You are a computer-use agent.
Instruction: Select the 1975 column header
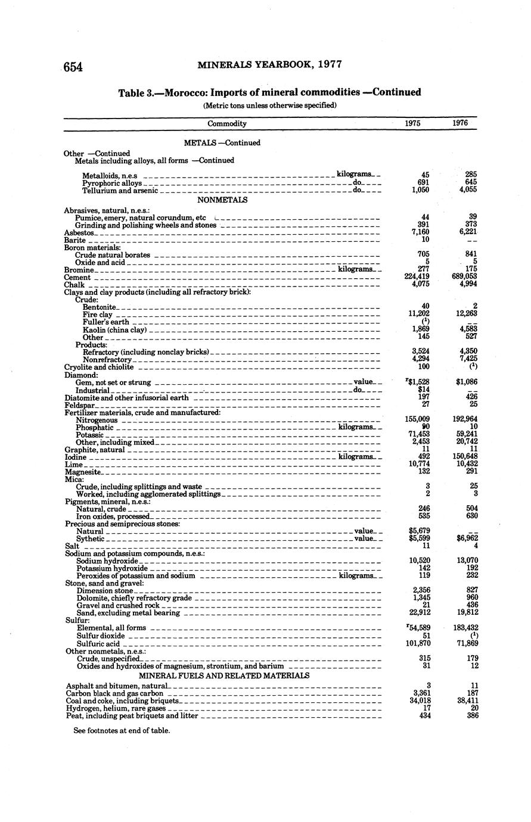pos(412,123)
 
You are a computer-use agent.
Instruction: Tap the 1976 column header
pos(459,123)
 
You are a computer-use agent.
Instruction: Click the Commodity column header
pos(227,124)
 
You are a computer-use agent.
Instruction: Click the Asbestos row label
pos(79,232)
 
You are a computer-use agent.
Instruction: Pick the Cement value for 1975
pos(417,277)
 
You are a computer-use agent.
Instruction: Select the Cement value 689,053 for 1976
pos(464,277)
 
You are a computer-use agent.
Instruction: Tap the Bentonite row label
pos(99,307)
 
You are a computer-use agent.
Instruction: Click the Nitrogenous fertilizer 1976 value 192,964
pos(464,419)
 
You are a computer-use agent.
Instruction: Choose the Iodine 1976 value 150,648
pos(464,457)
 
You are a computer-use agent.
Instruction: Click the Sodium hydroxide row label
pos(107,561)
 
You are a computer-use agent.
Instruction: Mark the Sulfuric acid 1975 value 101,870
pos(417,643)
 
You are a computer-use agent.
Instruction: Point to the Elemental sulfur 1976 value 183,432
pos(464,628)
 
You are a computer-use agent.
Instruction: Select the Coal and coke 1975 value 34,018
pos(417,700)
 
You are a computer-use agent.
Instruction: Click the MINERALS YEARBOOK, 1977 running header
pos(269,64)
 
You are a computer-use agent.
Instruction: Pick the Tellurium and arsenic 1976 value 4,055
pos(467,190)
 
